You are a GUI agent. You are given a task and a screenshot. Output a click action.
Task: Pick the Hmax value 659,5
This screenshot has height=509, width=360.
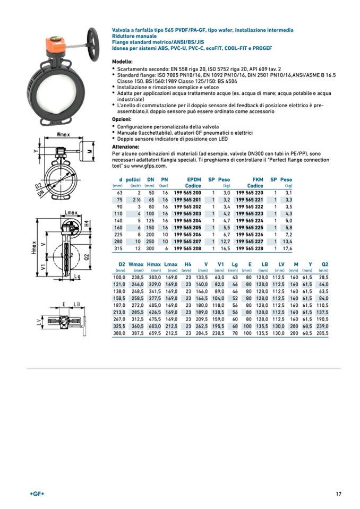click(153, 333)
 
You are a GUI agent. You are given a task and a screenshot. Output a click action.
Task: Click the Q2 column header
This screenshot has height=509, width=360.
click(325, 264)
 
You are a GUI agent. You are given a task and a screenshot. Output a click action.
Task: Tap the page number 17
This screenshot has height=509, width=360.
click(338, 494)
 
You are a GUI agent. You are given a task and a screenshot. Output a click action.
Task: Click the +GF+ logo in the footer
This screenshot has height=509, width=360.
click(37, 494)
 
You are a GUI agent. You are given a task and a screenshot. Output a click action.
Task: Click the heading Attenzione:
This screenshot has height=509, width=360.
click(125, 146)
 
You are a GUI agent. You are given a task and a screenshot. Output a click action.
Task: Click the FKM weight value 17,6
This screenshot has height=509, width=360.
click(287, 248)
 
